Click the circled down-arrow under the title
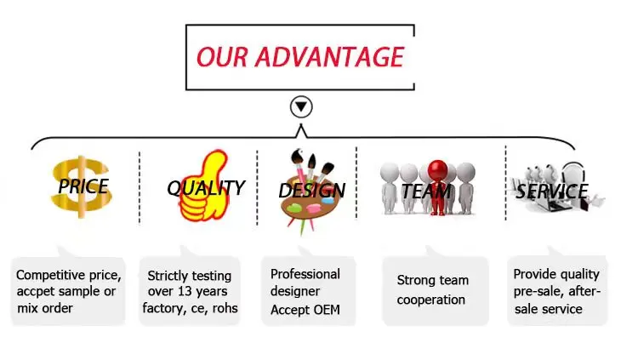tap(301, 107)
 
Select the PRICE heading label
tap(83, 186)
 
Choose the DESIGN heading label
tap(311, 191)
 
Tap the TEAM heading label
tap(425, 191)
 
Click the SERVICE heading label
tap(551, 191)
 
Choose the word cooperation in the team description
tap(431, 300)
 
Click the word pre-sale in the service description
tap(536, 291)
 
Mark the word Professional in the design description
tap(305, 274)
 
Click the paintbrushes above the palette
tap(303, 163)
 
